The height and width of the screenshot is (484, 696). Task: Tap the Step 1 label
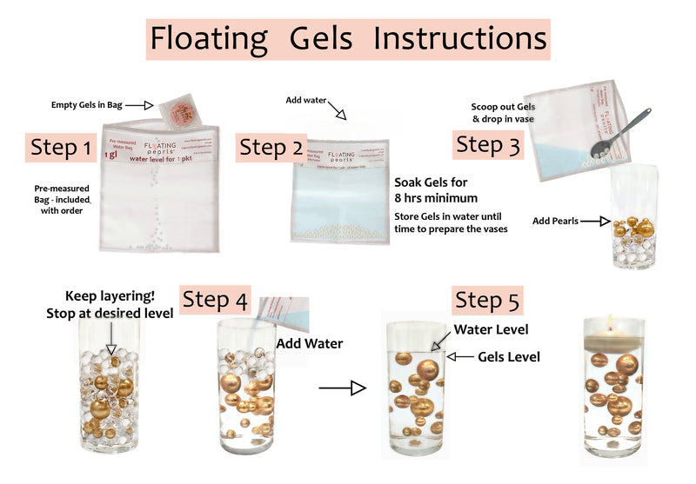pos(61,148)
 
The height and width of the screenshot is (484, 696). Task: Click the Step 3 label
pos(486,144)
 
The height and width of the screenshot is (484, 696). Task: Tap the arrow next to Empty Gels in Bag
pos(137,106)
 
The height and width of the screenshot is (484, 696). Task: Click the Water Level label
pos(491,329)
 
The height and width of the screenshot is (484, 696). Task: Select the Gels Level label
pos(509,356)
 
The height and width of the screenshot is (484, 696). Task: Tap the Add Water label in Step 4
pos(309,343)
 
